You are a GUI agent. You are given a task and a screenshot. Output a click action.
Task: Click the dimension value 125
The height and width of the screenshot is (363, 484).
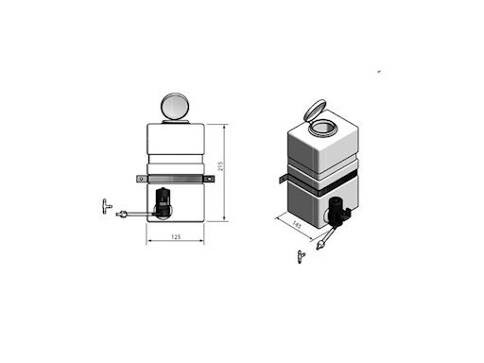point(176,236)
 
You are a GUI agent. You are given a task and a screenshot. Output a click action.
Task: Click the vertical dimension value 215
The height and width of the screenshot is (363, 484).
point(220,166)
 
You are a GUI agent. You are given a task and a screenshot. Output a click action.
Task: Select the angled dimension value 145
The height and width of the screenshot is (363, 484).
point(297,224)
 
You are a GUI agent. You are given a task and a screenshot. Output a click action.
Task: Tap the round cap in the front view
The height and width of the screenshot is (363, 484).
point(175,106)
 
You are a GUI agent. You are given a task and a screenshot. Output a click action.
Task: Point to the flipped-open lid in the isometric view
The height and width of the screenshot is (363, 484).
point(314,110)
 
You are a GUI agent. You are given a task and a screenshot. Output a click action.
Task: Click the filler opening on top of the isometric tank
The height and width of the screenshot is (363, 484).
point(322,129)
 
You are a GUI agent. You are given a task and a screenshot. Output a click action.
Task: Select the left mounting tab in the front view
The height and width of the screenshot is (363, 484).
point(142,179)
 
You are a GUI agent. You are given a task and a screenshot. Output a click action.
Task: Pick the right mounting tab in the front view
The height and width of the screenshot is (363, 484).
point(209,179)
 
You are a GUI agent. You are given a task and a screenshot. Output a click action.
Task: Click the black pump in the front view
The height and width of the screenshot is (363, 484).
point(164,202)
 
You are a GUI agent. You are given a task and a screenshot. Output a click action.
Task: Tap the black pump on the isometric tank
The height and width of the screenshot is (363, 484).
point(337,212)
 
